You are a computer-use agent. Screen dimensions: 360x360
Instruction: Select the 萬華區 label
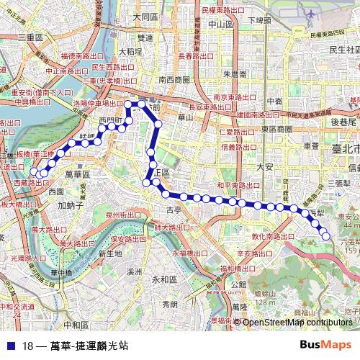tap(76, 175)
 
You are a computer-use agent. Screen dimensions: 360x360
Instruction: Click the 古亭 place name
tap(174, 210)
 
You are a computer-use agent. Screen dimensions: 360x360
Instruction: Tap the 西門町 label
tap(111, 120)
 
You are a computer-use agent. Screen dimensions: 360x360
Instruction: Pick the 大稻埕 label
tap(130, 52)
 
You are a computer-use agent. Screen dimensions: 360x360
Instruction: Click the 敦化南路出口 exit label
tap(258, 236)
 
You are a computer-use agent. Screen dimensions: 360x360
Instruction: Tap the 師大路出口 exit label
tap(171, 228)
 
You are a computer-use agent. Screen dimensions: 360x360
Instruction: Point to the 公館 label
tap(238, 284)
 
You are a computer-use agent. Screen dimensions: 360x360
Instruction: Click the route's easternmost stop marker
tap(325, 236)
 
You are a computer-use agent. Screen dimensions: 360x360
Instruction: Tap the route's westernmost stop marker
tap(33, 171)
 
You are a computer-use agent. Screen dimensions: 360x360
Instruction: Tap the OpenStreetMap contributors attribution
tap(297, 322)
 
